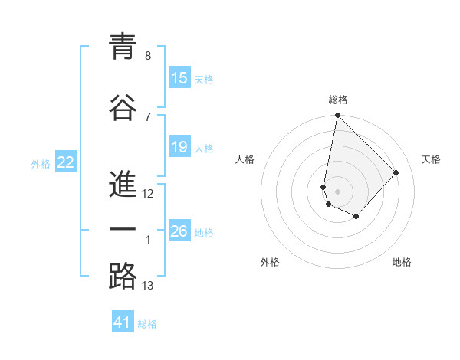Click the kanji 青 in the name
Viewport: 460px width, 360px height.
pyautogui.click(x=123, y=47)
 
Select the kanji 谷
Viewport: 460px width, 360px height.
pyautogui.click(x=123, y=108)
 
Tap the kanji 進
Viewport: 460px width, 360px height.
pyautogui.click(x=123, y=185)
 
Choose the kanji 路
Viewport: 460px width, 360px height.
pyautogui.click(x=123, y=276)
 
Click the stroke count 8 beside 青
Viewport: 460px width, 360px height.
pyautogui.click(x=148, y=56)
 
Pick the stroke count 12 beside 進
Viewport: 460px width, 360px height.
pyautogui.click(x=148, y=194)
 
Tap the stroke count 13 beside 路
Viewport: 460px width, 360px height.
pyautogui.click(x=148, y=286)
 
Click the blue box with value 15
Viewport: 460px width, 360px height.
pyautogui.click(x=179, y=78)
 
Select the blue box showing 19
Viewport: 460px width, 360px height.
pyautogui.click(x=179, y=147)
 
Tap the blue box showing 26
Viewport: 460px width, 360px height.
pyautogui.click(x=179, y=231)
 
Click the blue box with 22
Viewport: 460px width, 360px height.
pyautogui.click(x=66, y=162)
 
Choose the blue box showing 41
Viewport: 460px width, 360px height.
pyautogui.click(x=123, y=323)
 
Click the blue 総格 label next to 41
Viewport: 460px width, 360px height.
pyautogui.click(x=147, y=324)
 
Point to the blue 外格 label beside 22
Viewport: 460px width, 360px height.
pyautogui.click(x=41, y=163)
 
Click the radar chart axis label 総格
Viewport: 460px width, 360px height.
pyautogui.click(x=337, y=100)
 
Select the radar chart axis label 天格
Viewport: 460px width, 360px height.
pyautogui.click(x=431, y=159)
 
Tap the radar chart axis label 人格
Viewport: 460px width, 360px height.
pyautogui.click(x=245, y=159)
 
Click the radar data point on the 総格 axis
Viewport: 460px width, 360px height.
pyautogui.click(x=337, y=116)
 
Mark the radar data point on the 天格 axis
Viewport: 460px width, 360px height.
pyautogui.click(x=396, y=172)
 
